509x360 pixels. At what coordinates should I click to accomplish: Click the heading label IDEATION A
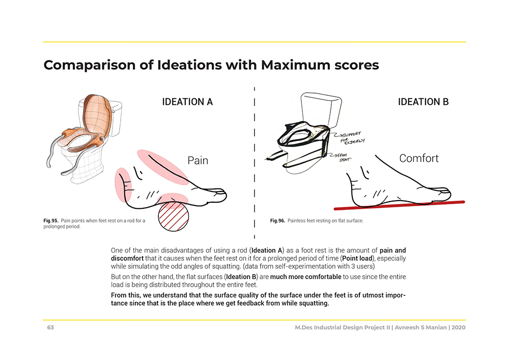(187, 102)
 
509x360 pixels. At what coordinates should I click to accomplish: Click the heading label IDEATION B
(423, 102)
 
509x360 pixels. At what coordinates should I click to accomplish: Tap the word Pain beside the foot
(197, 160)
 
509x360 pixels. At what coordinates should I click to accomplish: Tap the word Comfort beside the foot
(419, 158)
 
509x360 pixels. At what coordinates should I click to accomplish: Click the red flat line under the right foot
(399, 205)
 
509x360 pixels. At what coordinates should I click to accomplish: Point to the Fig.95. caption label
(50, 221)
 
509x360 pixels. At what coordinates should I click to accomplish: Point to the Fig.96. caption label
(277, 221)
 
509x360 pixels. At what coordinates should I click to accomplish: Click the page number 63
(50, 327)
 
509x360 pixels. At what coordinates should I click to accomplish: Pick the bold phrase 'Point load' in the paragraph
(357, 258)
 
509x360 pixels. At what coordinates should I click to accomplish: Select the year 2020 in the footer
(459, 327)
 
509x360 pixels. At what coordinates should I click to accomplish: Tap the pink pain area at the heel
(123, 185)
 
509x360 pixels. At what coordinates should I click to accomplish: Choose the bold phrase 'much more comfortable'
(305, 277)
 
